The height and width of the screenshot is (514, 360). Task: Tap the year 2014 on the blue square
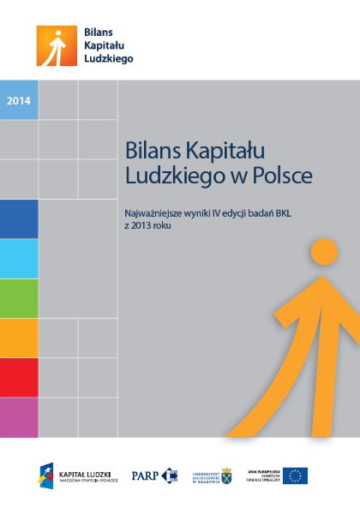pyautogui.click(x=19, y=101)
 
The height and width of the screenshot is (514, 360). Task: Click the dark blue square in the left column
pyautogui.click(x=19, y=219)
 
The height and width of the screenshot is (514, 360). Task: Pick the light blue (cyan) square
pyautogui.click(x=19, y=259)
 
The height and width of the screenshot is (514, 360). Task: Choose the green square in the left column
pyautogui.click(x=19, y=298)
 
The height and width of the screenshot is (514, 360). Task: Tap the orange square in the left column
pyautogui.click(x=19, y=338)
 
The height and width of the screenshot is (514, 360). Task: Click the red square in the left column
pyautogui.click(x=19, y=378)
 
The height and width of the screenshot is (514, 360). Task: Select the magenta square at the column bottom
pyautogui.click(x=19, y=416)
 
